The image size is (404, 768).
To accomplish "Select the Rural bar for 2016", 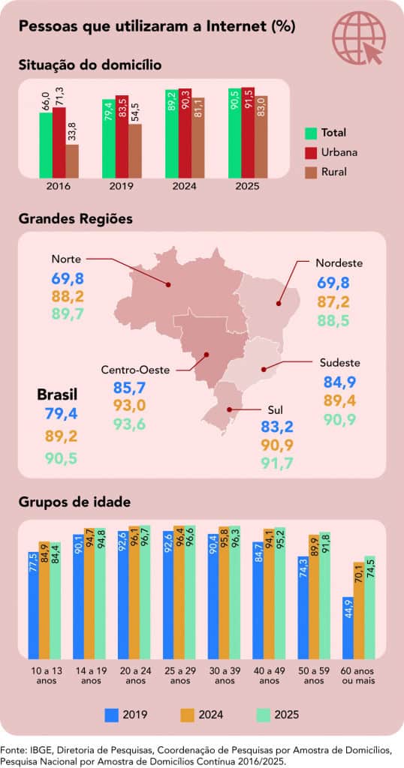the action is [71, 161].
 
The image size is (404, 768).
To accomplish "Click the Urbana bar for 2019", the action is [122, 136].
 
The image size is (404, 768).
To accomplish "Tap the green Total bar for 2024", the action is [172, 133].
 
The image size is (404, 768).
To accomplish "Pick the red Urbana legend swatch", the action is [311, 152].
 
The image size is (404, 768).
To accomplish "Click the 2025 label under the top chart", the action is [247, 187].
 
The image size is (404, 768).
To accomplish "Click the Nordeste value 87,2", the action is [333, 302].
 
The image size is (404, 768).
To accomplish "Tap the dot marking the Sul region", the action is [228, 409].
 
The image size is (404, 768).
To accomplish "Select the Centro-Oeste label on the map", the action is [135, 370].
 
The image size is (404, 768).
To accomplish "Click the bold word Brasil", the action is [57, 394].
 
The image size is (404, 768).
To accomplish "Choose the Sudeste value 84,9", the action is [339, 382].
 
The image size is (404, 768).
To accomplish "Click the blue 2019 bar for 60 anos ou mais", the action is [348, 628].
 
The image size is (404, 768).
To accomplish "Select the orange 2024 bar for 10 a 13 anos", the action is [44, 601].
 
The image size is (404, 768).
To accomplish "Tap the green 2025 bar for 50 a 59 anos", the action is [324, 595].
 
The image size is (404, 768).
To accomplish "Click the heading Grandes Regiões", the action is [76, 219].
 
